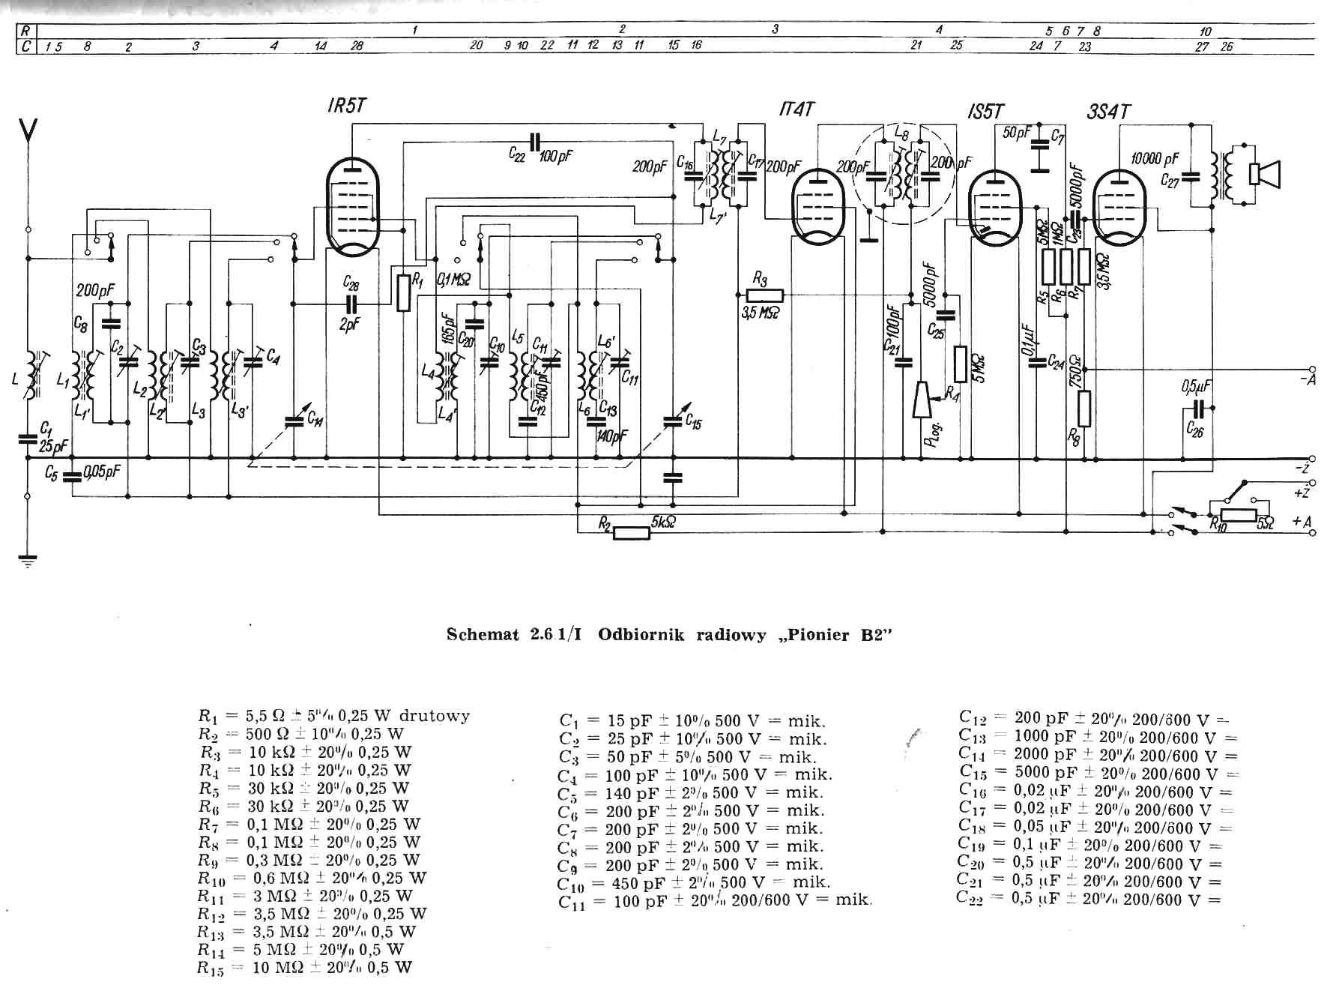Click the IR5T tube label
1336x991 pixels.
pos(347,106)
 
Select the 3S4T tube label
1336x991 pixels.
pos(1108,112)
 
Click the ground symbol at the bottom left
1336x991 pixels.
pos(28,559)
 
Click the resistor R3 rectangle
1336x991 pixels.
pos(765,296)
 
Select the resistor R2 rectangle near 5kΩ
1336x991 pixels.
pos(632,533)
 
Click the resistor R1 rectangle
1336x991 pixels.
pos(404,292)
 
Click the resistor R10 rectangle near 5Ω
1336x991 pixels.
pos(1238,515)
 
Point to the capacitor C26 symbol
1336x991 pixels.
pos(1197,409)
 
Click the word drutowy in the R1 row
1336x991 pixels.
pos(435,715)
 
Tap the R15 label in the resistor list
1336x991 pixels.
pos(211,968)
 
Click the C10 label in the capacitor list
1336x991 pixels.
pos(570,884)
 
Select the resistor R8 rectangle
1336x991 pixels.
pos(1083,409)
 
